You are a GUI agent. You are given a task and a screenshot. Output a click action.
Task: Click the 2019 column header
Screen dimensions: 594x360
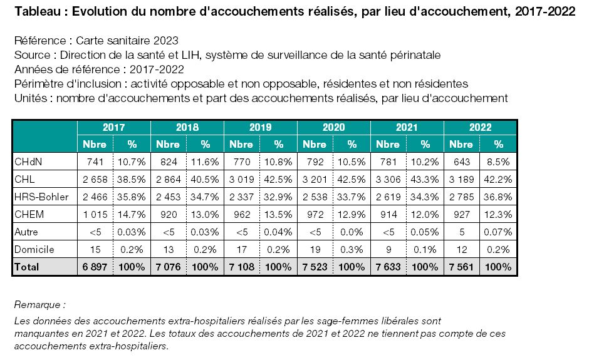260,127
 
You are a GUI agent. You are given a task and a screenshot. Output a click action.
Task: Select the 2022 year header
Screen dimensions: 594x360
481,127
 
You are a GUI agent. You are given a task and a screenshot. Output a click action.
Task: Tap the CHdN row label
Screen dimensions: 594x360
28,162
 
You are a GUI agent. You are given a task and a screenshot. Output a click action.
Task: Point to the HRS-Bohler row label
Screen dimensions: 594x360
41,197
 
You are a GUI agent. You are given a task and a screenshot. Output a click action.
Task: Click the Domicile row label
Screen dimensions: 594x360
34,249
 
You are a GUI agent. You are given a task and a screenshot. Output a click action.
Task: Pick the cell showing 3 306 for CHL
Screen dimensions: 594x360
388,180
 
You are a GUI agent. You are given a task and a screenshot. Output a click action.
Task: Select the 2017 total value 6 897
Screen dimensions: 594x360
95,267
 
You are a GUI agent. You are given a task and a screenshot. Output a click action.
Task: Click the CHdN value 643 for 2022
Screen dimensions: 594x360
462,162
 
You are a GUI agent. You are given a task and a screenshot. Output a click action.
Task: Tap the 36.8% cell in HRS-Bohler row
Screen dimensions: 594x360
498,197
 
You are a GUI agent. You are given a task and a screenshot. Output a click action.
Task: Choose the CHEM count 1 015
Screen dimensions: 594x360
95,215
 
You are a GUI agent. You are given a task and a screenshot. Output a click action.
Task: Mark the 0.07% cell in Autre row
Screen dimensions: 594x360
498,232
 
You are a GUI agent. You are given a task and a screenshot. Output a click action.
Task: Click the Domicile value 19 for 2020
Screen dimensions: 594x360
315,249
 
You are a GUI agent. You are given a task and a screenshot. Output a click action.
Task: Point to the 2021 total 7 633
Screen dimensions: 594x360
388,267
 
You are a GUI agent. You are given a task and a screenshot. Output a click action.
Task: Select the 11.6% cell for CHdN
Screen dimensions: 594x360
205,162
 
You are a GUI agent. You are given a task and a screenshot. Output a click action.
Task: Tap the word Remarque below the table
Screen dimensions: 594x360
37,305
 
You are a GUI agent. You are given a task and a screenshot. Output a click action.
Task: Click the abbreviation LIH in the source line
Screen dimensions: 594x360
190,55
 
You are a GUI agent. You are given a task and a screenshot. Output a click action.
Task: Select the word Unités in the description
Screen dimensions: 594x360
31,98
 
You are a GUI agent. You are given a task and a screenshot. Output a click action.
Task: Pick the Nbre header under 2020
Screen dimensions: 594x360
315,145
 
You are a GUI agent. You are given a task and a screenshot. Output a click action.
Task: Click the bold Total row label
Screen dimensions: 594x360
26,267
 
